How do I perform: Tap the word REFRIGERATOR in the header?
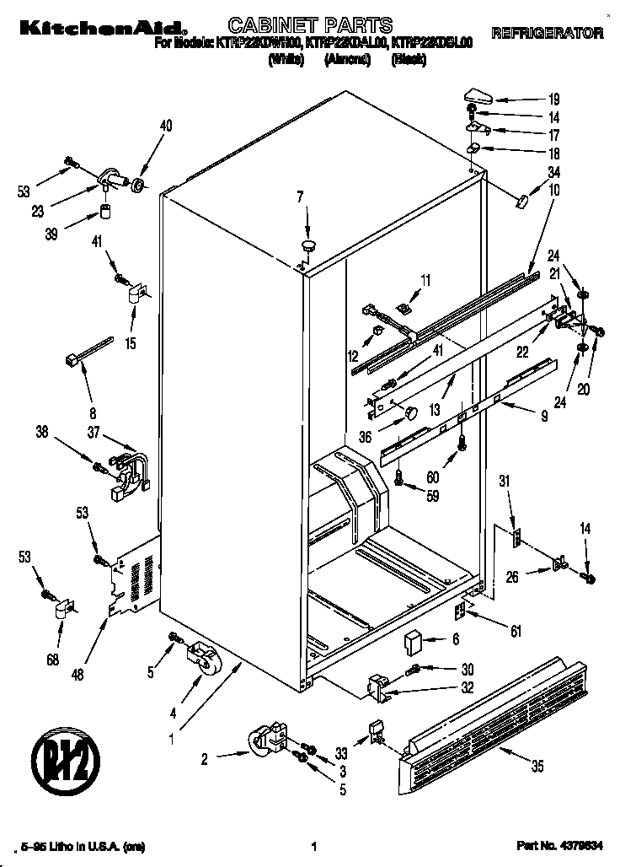click(x=547, y=34)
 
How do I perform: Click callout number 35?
click(x=537, y=767)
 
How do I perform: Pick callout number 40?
click(x=166, y=127)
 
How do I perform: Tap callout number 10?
click(x=553, y=191)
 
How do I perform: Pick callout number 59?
click(x=432, y=496)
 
